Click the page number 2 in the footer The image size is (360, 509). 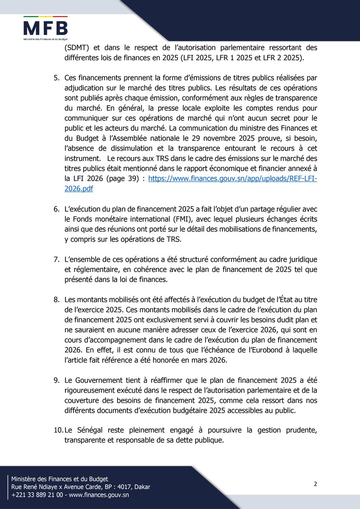pos(315,484)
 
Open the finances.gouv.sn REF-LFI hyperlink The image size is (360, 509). pos(233,180)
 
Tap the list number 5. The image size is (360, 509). pos(56,79)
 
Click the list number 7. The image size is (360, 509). pos(56,259)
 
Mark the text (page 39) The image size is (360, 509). pos(121,180)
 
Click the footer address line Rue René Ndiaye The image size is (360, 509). pos(81,487)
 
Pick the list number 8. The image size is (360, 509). pos(56,299)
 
